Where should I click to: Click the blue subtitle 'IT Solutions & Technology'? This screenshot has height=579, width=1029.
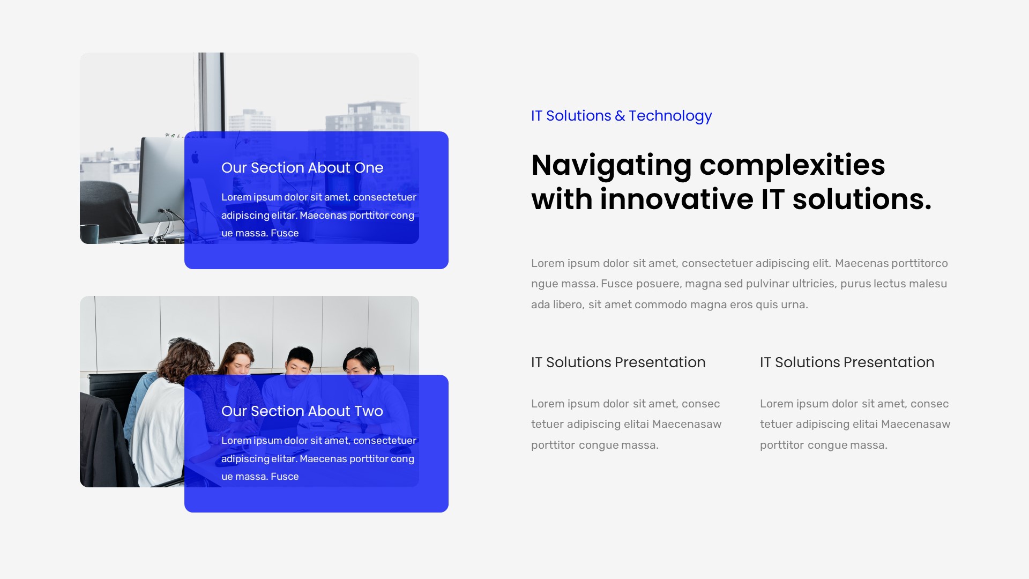[x=621, y=116]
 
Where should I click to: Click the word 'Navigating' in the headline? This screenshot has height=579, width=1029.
[x=611, y=165]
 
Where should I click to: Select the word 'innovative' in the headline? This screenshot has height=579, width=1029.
[x=676, y=199]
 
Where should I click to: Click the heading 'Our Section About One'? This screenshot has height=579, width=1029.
[x=302, y=168]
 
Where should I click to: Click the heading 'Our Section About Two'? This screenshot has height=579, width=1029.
[x=302, y=411]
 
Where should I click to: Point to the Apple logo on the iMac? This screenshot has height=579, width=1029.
[x=195, y=157]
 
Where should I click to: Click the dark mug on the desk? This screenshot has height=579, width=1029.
[x=90, y=233]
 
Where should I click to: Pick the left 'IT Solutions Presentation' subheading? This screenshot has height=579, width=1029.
[x=618, y=362]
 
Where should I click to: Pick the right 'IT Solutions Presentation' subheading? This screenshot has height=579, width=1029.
[x=847, y=362]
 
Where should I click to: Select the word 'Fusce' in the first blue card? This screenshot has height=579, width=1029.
[x=285, y=233]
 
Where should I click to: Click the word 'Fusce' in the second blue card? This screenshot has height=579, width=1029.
[x=285, y=477]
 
